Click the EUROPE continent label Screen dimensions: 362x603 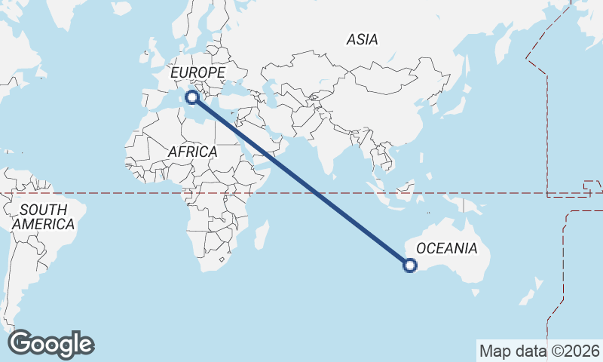pos(197,72)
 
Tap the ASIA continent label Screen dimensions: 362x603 pos(362,39)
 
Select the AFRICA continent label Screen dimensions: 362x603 pos(192,152)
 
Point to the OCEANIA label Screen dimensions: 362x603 pos(446,248)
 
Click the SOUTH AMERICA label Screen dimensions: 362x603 pos(43,216)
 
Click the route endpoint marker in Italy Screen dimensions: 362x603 pos(192,97)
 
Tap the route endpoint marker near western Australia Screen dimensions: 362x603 pos(410,265)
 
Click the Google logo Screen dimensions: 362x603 pos(51,344)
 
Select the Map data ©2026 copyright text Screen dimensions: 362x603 pos(540,351)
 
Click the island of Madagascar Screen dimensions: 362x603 pos(261,235)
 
